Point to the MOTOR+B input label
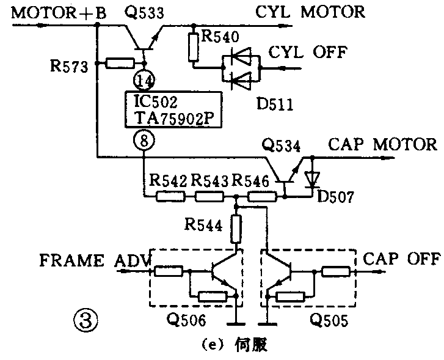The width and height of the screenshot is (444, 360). [54, 12]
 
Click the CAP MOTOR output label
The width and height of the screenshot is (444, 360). [383, 145]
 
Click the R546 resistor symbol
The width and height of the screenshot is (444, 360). [261, 197]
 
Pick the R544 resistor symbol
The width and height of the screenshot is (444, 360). [236, 229]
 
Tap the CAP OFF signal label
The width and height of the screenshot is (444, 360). [402, 259]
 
